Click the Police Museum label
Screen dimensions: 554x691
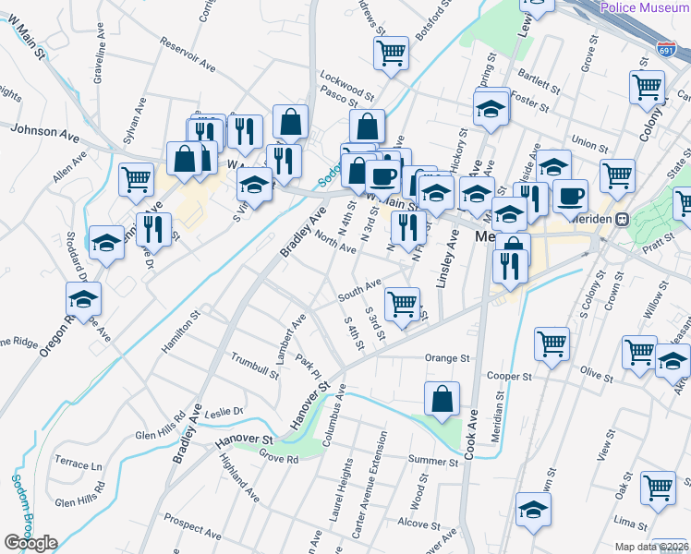coord(645,7)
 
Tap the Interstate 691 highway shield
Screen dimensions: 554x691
coord(665,48)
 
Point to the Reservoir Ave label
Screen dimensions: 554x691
coord(187,54)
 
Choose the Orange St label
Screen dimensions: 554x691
coord(447,357)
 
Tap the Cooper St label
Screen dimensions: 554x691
coord(510,376)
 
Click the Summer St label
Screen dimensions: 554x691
coord(433,460)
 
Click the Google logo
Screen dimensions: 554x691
coord(30,543)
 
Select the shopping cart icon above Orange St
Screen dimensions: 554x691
coord(552,343)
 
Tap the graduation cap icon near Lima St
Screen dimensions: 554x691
coord(533,510)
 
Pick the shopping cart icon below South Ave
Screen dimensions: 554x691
coord(402,303)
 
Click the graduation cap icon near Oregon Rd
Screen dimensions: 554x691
coord(83,299)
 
